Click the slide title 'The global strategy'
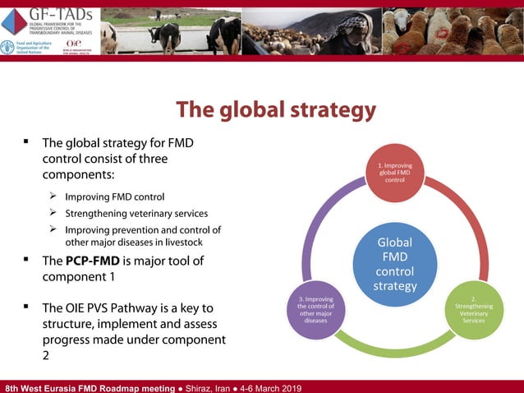[277, 109]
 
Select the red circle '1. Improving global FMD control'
[395, 173]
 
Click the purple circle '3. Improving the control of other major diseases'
[315, 308]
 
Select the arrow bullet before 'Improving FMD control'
[52, 196]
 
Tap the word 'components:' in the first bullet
[78, 175]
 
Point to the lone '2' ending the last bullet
[46, 356]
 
